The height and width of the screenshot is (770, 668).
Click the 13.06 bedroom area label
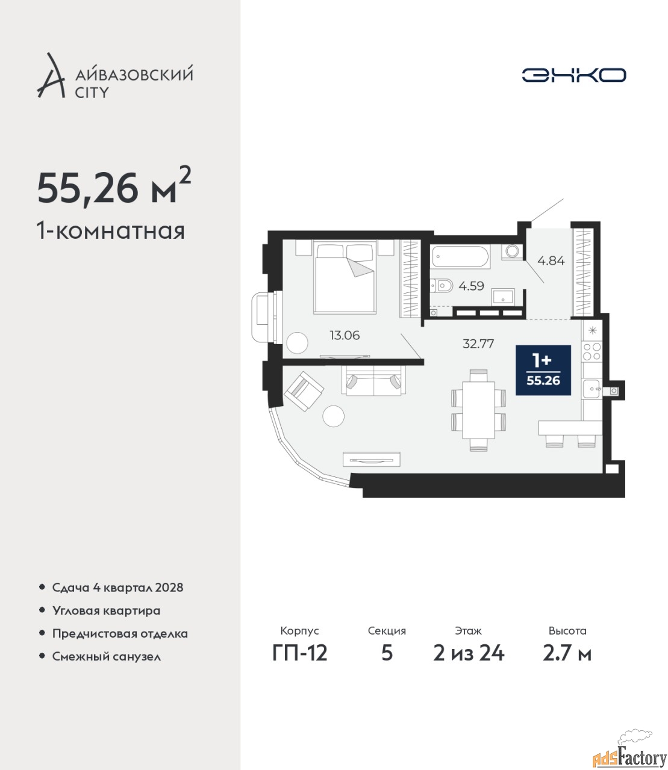click(345, 335)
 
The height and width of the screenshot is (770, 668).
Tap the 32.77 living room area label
click(478, 343)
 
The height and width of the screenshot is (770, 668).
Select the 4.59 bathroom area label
click(471, 286)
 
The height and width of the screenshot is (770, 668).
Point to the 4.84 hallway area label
click(551, 260)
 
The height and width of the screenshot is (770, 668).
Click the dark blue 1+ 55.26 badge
click(543, 370)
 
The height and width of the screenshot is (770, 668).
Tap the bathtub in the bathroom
click(460, 256)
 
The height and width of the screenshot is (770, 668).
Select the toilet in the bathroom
click(441, 286)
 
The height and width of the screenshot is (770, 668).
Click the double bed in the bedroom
click(345, 277)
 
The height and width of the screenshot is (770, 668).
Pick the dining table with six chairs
click(478, 410)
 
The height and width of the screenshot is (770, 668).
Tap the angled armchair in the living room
click(304, 391)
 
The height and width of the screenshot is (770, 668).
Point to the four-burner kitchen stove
click(592, 351)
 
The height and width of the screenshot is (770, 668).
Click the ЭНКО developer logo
click(573, 75)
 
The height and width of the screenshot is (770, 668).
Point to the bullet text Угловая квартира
click(106, 611)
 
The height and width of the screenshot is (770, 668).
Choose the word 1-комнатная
click(111, 231)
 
